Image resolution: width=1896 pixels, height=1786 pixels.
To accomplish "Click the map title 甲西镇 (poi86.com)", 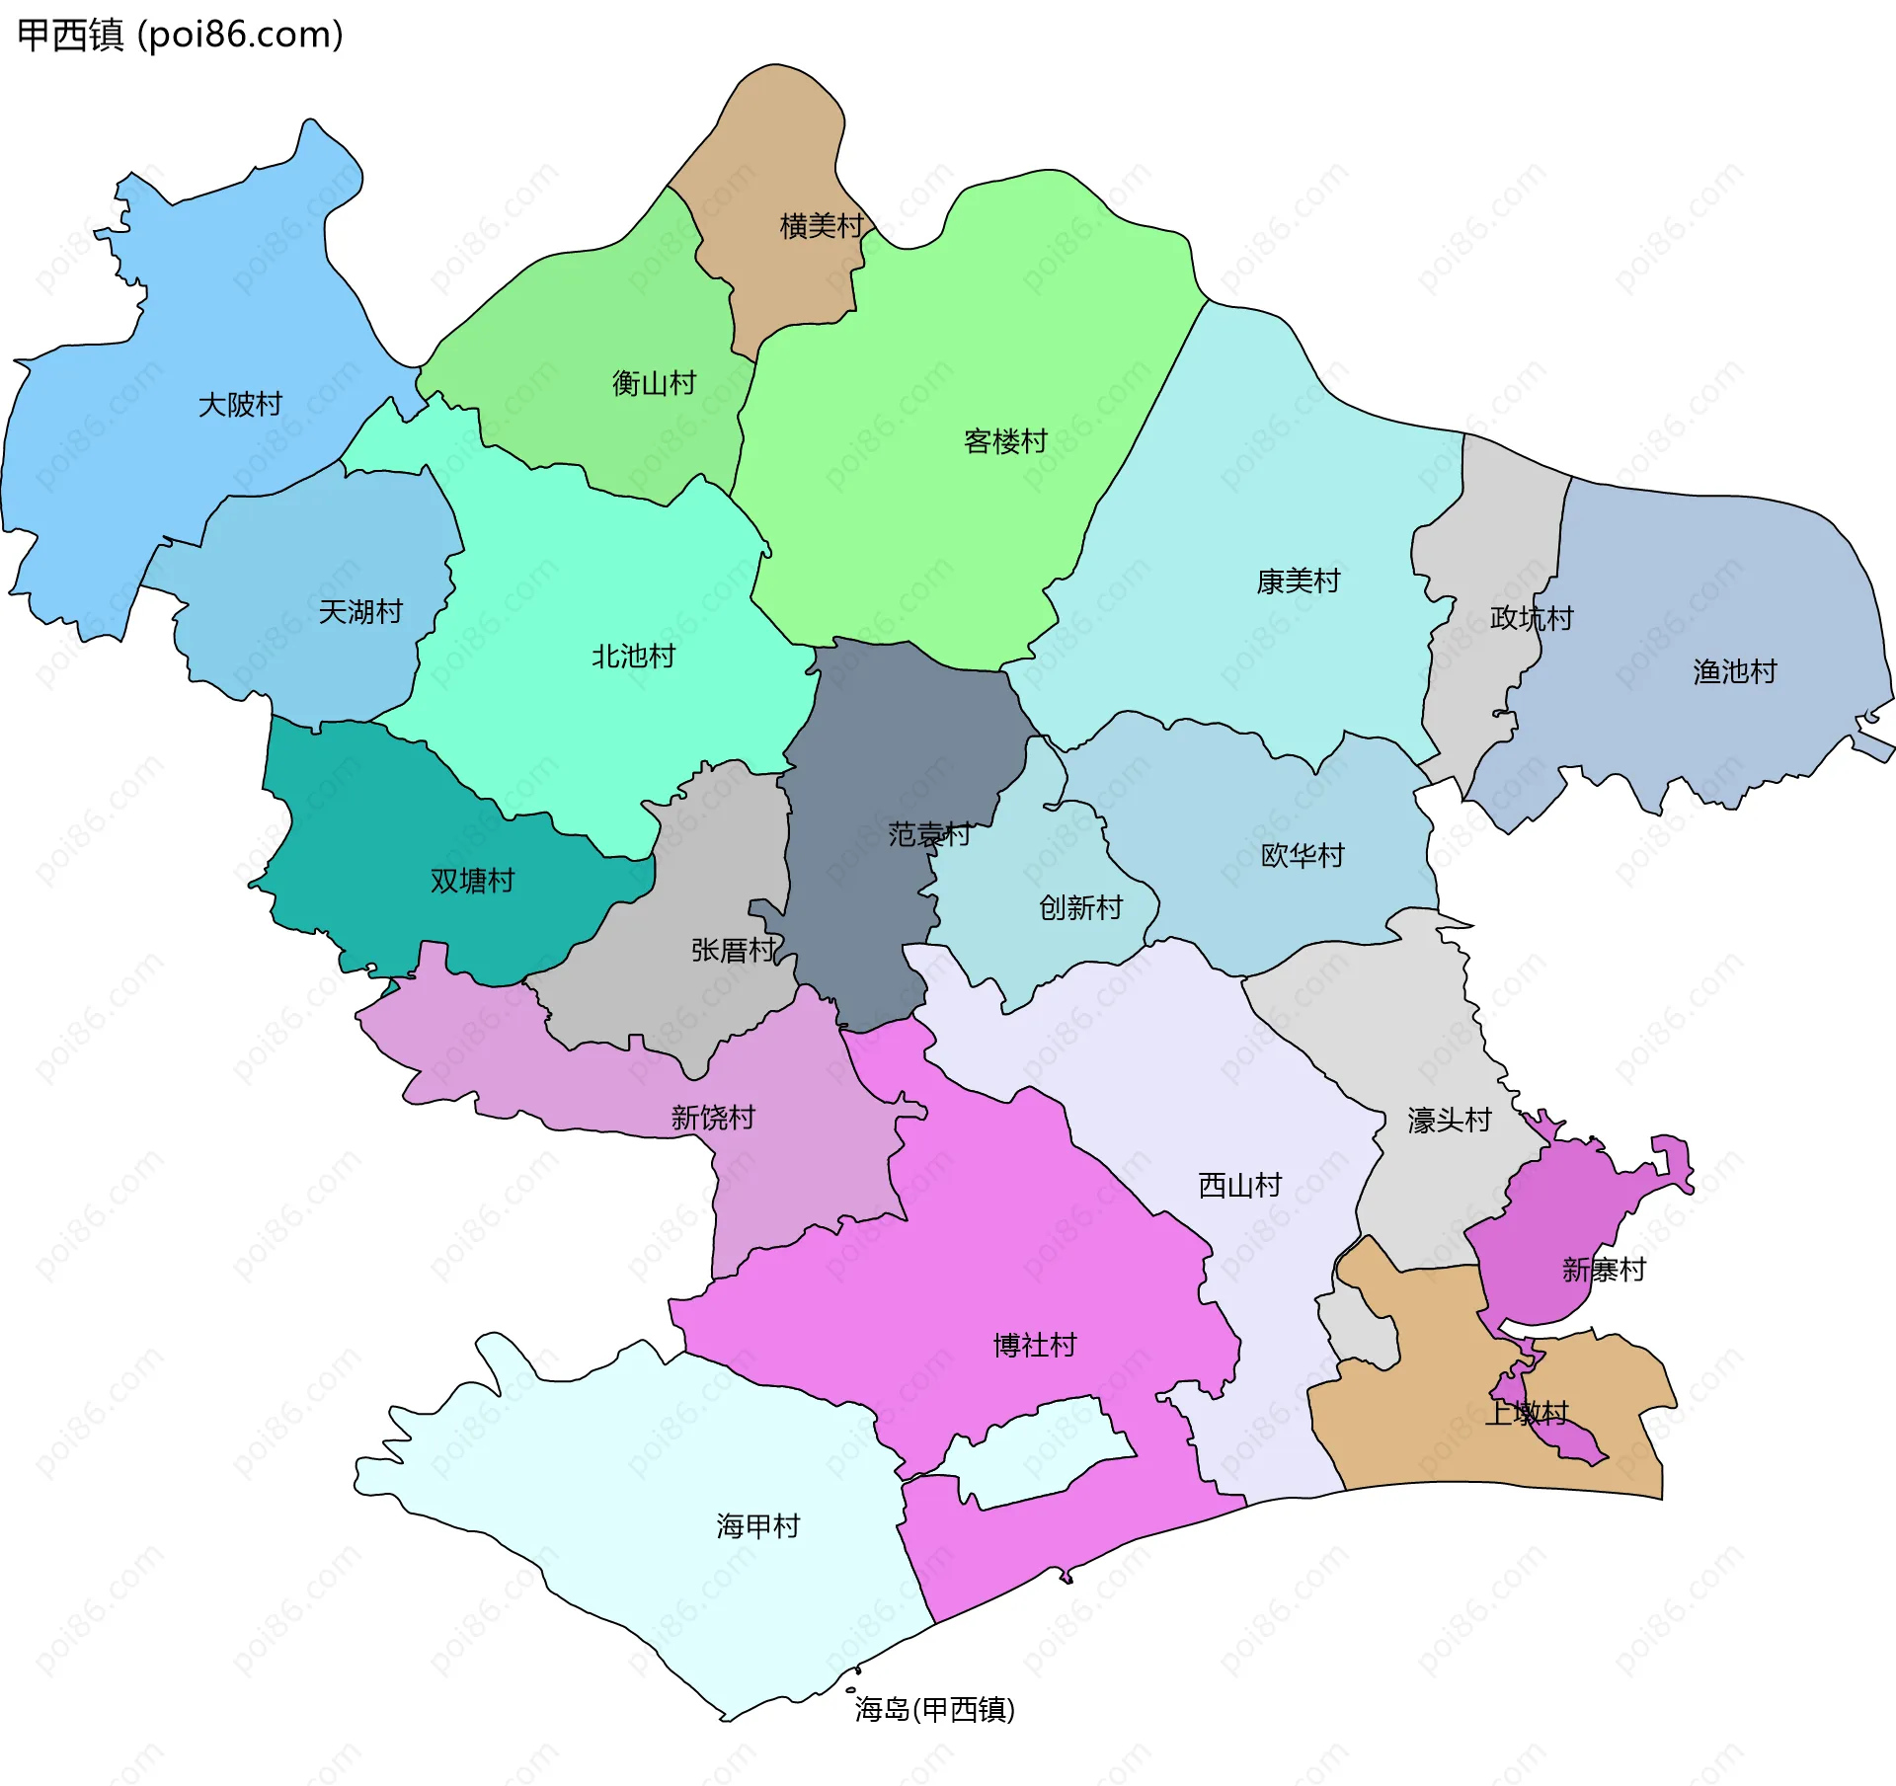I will tap(181, 35).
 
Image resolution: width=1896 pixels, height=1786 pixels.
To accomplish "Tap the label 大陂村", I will tap(240, 405).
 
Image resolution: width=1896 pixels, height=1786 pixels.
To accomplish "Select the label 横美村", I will tap(822, 226).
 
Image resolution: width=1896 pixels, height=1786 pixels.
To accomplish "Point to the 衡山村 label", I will tap(654, 383).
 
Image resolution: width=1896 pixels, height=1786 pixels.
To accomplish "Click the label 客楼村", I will tap(1005, 441).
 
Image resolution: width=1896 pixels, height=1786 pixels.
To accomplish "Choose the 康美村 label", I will tap(1298, 582).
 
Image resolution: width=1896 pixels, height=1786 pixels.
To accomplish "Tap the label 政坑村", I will tap(1531, 619).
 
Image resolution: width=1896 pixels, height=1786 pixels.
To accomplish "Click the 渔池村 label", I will tap(1734, 672).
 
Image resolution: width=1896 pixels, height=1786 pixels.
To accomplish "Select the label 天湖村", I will tap(360, 612).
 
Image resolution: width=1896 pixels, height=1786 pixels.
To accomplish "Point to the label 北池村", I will tap(633, 657).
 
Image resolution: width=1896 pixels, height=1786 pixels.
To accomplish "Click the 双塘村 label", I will tap(472, 881).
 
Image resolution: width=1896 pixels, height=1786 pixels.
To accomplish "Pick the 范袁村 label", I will tap(928, 835).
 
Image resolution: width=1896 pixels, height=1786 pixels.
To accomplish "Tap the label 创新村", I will tap(1080, 907).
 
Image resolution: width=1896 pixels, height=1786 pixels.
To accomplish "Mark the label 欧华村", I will tap(1302, 855).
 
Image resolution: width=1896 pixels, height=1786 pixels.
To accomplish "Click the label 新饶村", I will tap(713, 1118).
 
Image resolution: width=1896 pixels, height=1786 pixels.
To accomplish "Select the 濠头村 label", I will tap(1449, 1121).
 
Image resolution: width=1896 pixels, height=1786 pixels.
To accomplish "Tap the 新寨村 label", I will tap(1604, 1270).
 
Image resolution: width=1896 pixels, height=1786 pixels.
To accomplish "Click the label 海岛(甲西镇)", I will tap(934, 1710).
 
